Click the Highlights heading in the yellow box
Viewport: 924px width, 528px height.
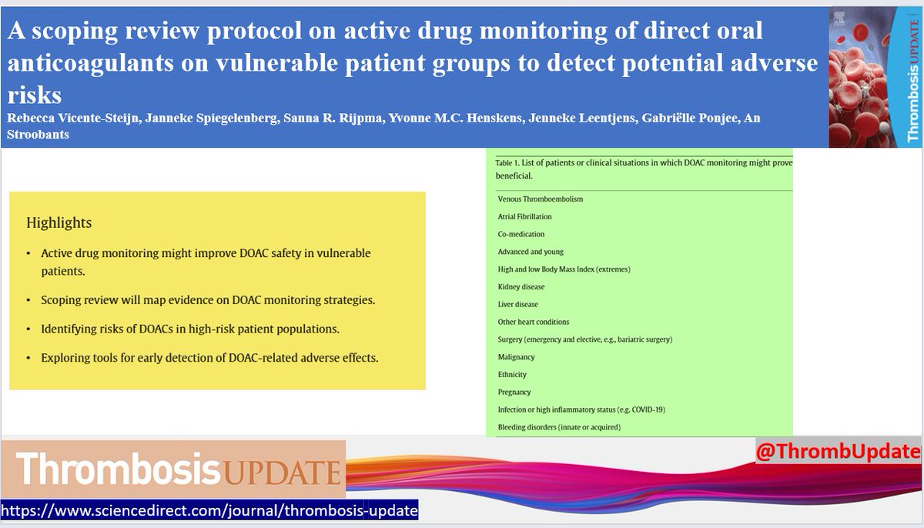pyautogui.click(x=59, y=223)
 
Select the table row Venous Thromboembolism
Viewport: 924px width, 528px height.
pyautogui.click(x=541, y=199)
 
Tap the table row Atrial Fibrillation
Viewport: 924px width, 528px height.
pyautogui.click(x=524, y=217)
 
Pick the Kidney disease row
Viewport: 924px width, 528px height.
pyautogui.click(x=521, y=287)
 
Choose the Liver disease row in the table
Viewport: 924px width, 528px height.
pyautogui.click(x=518, y=305)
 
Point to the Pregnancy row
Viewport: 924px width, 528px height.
pyautogui.click(x=514, y=393)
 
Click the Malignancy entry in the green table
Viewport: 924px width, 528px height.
pyautogui.click(x=516, y=357)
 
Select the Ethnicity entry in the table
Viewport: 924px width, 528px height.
pyautogui.click(x=513, y=375)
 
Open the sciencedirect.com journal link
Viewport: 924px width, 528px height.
pyautogui.click(x=209, y=511)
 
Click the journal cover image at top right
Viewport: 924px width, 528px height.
pyautogui.click(x=875, y=77)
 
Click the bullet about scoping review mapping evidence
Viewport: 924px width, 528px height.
pyautogui.click(x=208, y=299)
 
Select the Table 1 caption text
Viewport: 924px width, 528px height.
pyautogui.click(x=643, y=169)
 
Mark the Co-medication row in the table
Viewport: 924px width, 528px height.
pyautogui.click(x=521, y=234)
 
